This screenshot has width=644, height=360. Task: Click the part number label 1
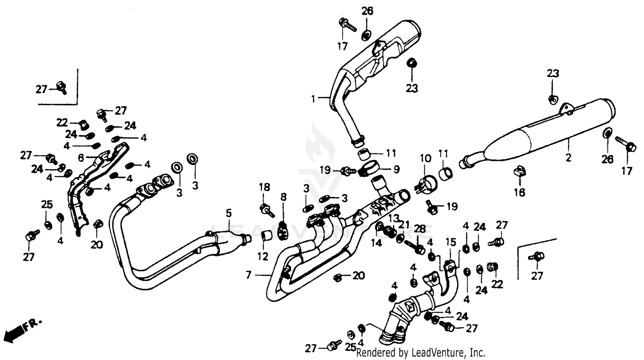(x=313, y=99)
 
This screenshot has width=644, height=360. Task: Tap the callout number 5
(x=229, y=212)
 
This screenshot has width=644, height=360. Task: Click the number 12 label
(x=263, y=257)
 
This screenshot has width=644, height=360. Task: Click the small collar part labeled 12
(x=266, y=236)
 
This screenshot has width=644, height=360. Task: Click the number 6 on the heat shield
(x=81, y=157)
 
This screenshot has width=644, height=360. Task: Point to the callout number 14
(x=376, y=243)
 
